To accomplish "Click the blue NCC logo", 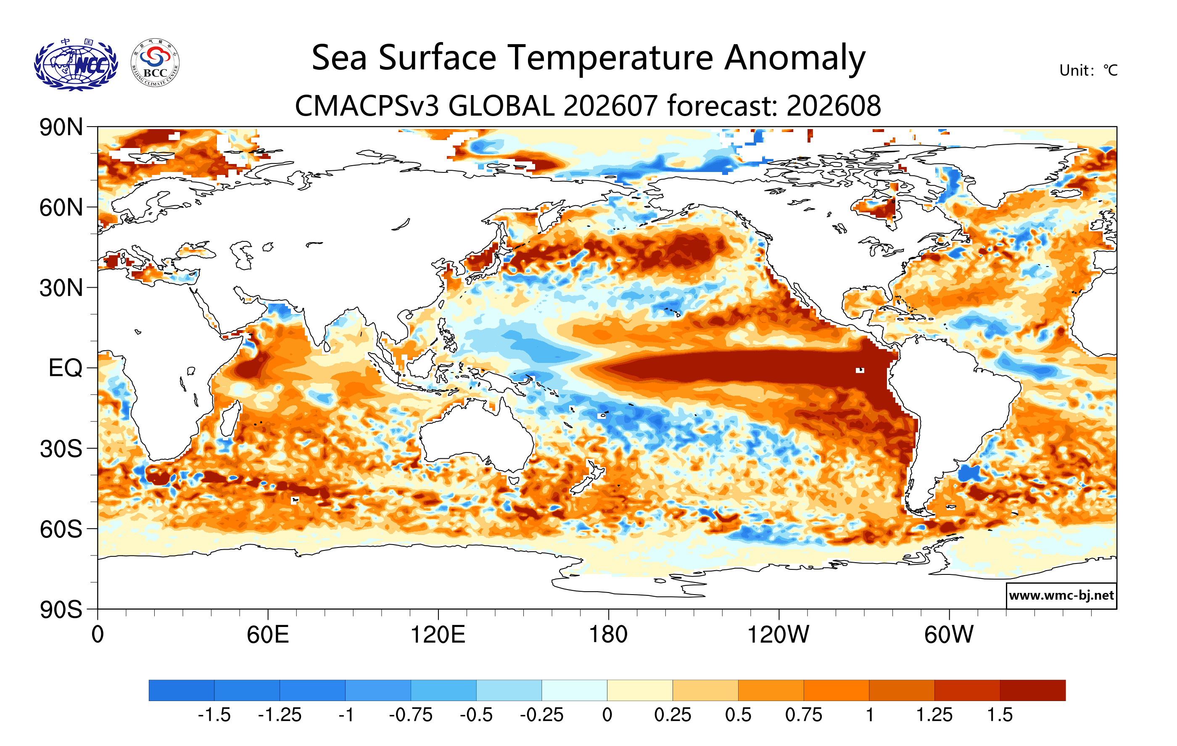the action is coord(76,64).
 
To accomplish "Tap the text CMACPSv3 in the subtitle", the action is coord(367,106).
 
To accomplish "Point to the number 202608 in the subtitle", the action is coord(834,106).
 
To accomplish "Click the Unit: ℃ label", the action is coord(1088,70).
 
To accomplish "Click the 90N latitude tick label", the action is coord(61,127).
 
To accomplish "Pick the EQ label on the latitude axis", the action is coord(66,368).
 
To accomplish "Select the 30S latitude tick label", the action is coord(61,449).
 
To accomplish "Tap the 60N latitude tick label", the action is coord(61,208).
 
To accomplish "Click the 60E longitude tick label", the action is coord(268,635).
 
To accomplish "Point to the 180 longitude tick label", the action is coord(608,635).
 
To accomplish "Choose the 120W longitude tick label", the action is coord(778,635).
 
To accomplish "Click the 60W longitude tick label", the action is coord(949,635).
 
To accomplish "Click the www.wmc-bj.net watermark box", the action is coord(1061,595).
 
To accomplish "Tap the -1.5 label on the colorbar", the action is coord(214,715).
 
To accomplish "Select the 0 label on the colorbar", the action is coord(607,715).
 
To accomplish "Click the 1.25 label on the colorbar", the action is coord(934,715).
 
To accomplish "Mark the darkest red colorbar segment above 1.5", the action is coord(1033,690).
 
